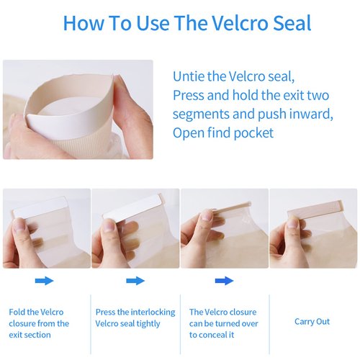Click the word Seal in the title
coord(292,23)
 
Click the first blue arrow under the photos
coord(44,281)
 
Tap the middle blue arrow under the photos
coord(135,281)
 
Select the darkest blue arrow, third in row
coord(224,281)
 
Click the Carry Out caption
coord(312,322)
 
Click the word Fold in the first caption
coord(17,312)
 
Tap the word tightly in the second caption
coord(148,324)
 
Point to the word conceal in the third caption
coord(216,335)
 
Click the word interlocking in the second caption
coord(153,312)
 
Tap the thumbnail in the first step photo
coord(18,226)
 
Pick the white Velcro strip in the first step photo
coord(40,206)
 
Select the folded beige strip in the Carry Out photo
coord(315,207)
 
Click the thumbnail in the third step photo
coord(207,214)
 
